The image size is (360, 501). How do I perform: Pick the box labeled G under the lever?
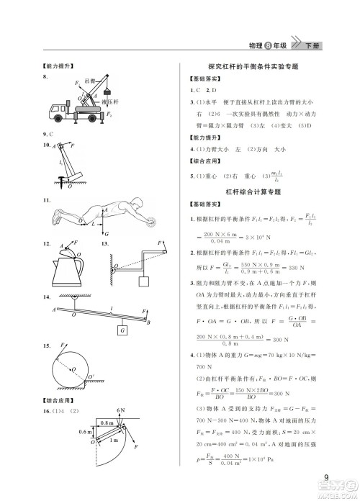[123, 329]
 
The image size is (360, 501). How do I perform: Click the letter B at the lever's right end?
[148, 323]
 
